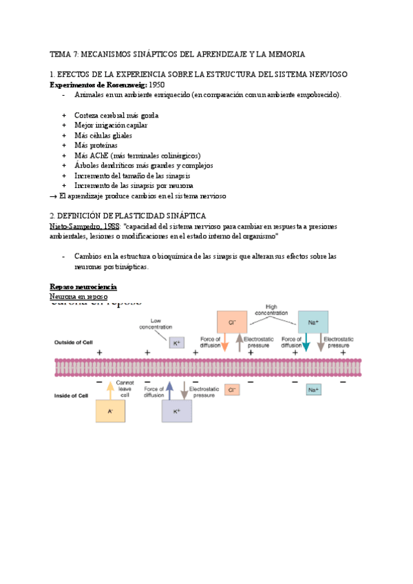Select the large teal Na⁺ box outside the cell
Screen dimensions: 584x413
click(x=313, y=322)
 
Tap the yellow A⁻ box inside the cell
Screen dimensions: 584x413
click(x=109, y=410)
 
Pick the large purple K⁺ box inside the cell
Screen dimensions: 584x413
click(x=177, y=411)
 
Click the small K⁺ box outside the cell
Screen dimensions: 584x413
click(x=176, y=342)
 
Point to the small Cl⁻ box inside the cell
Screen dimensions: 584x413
click(x=233, y=390)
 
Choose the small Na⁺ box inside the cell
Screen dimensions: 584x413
click(x=313, y=390)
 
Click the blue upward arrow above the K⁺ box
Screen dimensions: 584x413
click(x=169, y=390)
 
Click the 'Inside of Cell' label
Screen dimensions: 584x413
click(x=70, y=395)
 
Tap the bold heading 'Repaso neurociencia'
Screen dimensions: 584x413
click(x=83, y=286)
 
